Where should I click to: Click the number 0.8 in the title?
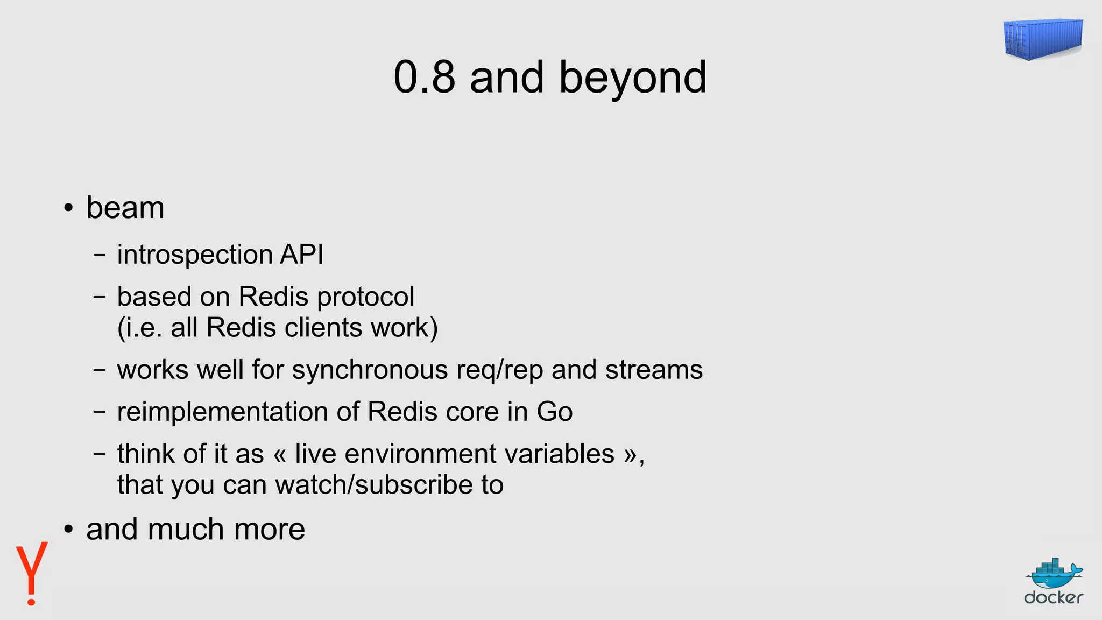[x=424, y=78]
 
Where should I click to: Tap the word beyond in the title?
[x=633, y=78]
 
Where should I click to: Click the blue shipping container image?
[x=1043, y=39]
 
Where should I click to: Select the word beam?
[x=125, y=208]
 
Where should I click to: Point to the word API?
[x=301, y=254]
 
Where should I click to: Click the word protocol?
[x=366, y=297]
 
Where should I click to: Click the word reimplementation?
[x=223, y=412]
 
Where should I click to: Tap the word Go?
[x=554, y=412]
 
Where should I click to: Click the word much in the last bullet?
[x=186, y=529]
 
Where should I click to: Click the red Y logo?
[x=32, y=573]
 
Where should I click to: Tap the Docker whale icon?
[x=1054, y=574]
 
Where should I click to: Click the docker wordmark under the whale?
[x=1053, y=597]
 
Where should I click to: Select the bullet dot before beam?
[x=68, y=209]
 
